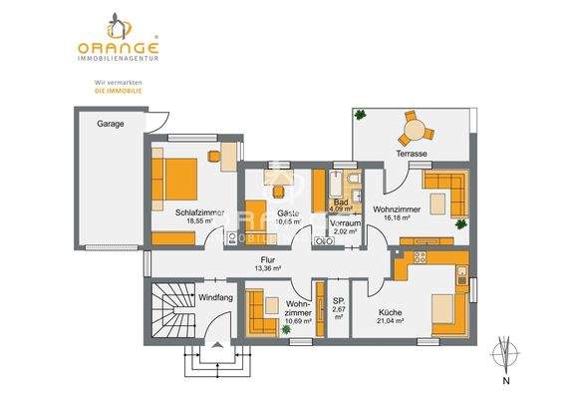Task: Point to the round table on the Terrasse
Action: [413, 131]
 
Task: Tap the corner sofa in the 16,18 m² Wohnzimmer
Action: [444, 192]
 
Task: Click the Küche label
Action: [390, 311]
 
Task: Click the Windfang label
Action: [216, 297]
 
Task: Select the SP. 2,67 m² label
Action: [338, 305]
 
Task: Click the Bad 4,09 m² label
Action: [341, 205]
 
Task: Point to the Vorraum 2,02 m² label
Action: [345, 225]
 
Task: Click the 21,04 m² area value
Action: [390, 321]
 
